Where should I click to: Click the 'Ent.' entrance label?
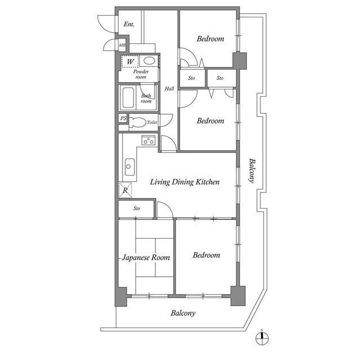click(129, 24)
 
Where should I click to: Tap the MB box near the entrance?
click(122, 46)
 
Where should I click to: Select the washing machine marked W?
click(130, 61)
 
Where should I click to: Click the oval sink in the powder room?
click(149, 61)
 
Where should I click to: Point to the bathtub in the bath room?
click(128, 99)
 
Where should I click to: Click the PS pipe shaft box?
click(123, 119)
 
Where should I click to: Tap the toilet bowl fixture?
click(137, 121)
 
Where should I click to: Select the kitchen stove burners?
click(148, 141)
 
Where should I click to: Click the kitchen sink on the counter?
click(129, 165)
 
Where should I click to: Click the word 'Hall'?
click(169, 88)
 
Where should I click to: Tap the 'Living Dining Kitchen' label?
click(184, 182)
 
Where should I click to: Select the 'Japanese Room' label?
click(146, 258)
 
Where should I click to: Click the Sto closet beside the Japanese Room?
click(137, 209)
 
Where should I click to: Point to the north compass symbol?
click(261, 338)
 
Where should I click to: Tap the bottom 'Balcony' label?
click(183, 313)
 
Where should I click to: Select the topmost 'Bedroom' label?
click(210, 39)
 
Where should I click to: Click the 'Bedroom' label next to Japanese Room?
click(206, 255)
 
